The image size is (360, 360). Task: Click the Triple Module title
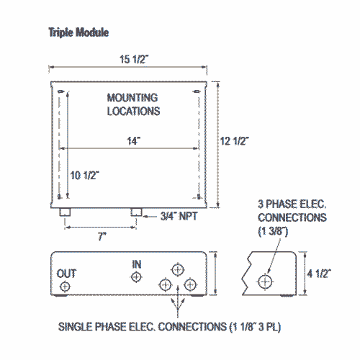coord(78,32)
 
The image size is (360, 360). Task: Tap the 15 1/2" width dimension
coord(134,59)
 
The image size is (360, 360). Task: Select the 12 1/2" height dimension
coord(235,141)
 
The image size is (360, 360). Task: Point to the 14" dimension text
coord(134,141)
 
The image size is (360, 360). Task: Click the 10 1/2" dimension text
coord(85,176)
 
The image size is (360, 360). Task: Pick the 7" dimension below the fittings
coord(102,236)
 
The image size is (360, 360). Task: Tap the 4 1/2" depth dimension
coord(319,274)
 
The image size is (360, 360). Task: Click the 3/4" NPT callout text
coord(179,217)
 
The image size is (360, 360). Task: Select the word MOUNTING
coord(132,98)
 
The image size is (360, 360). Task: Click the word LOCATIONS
coord(133,112)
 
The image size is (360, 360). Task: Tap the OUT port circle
coord(65,287)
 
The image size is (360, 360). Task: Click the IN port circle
coord(136,277)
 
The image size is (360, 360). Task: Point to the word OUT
coord(66,274)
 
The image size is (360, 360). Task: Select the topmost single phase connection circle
coord(178,270)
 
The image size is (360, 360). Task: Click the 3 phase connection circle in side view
coord(265,282)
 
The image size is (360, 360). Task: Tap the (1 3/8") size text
coord(273,231)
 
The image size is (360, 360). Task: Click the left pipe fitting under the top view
coord(65,212)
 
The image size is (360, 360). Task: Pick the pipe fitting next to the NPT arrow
coord(136,212)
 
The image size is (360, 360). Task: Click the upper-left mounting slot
coord(60,91)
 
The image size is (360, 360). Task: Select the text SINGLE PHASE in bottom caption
coord(93,327)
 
